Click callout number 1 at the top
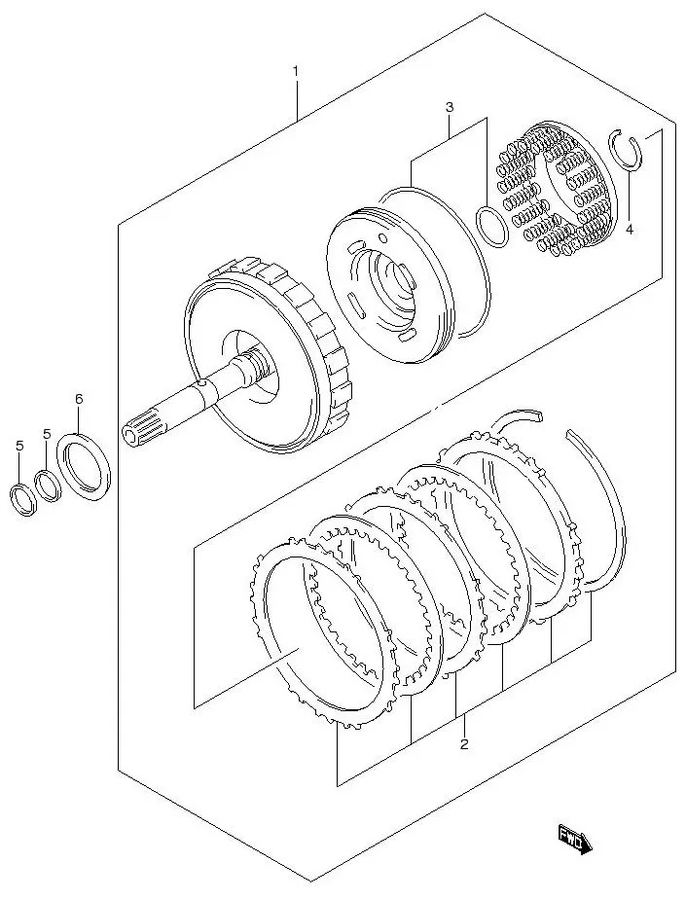296,71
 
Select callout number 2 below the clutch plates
464,744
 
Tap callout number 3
449,107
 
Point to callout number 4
630,230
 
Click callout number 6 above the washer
79,399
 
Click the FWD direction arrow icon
574,838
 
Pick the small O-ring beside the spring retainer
491,226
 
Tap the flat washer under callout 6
87,468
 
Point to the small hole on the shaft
199,387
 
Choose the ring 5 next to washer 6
47,484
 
